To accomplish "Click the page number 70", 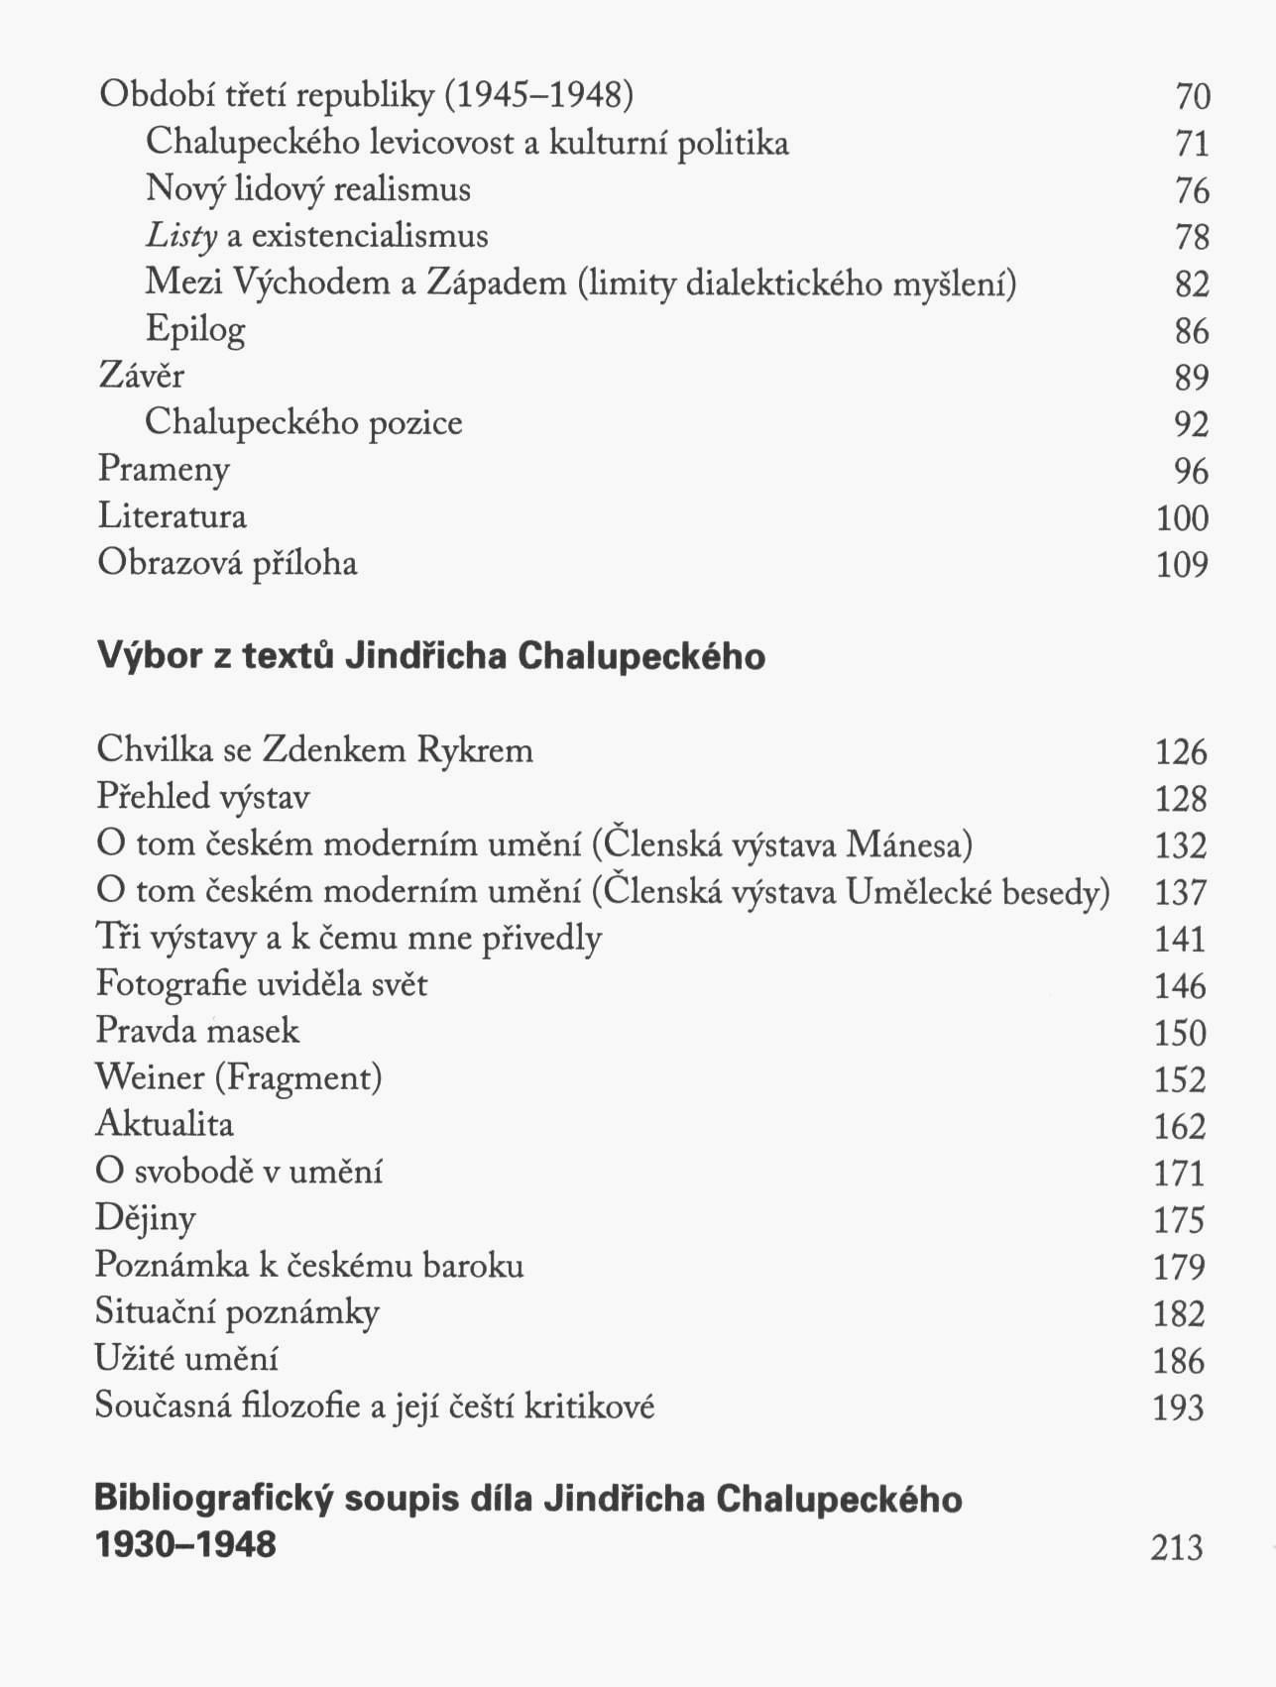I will [x=1193, y=97].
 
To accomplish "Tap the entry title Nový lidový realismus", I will [x=307, y=188].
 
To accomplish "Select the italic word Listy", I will [x=181, y=236].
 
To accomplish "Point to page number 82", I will [x=1192, y=284].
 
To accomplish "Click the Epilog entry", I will [x=195, y=330].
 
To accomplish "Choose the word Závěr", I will [x=141, y=376].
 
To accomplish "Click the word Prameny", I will [x=164, y=470].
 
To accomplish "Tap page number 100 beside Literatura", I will [x=1182, y=518].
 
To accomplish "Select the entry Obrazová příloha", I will [x=227, y=563].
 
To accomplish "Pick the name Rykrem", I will [x=475, y=750].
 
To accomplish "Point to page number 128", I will [x=1180, y=799].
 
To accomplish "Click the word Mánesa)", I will [x=909, y=845].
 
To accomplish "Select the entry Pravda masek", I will [x=197, y=1031].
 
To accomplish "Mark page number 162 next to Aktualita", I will [x=1179, y=1127].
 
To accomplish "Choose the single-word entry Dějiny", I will [x=145, y=1218].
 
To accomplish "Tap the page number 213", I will [x=1177, y=1547].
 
